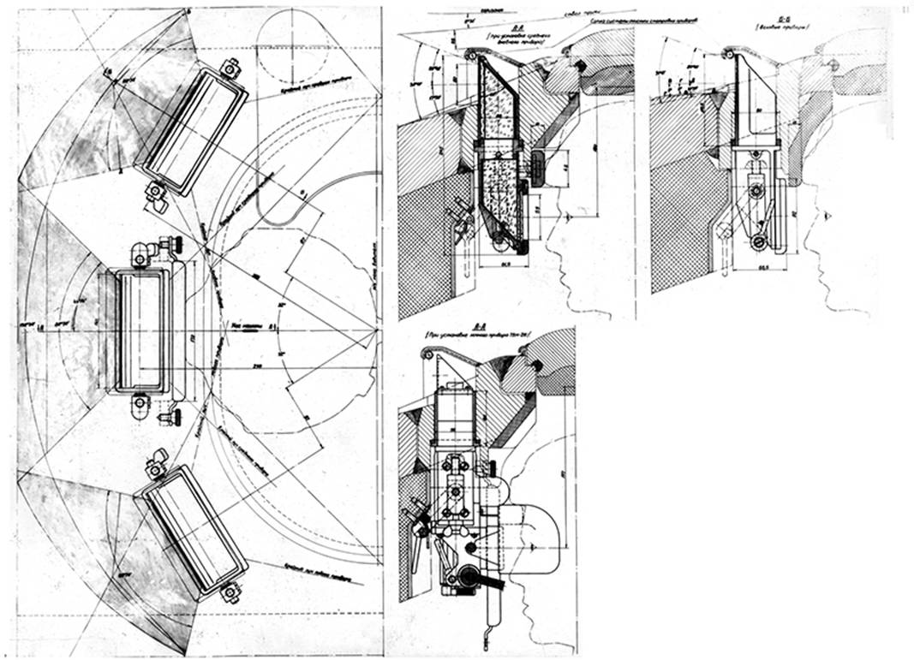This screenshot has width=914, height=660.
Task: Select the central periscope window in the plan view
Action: pos(139,330)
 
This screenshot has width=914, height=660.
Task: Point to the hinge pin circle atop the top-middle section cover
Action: pos(469,54)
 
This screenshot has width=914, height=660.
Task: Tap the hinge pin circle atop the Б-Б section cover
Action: pos(728,55)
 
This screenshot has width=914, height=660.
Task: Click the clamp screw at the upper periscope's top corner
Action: pos(230,68)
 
